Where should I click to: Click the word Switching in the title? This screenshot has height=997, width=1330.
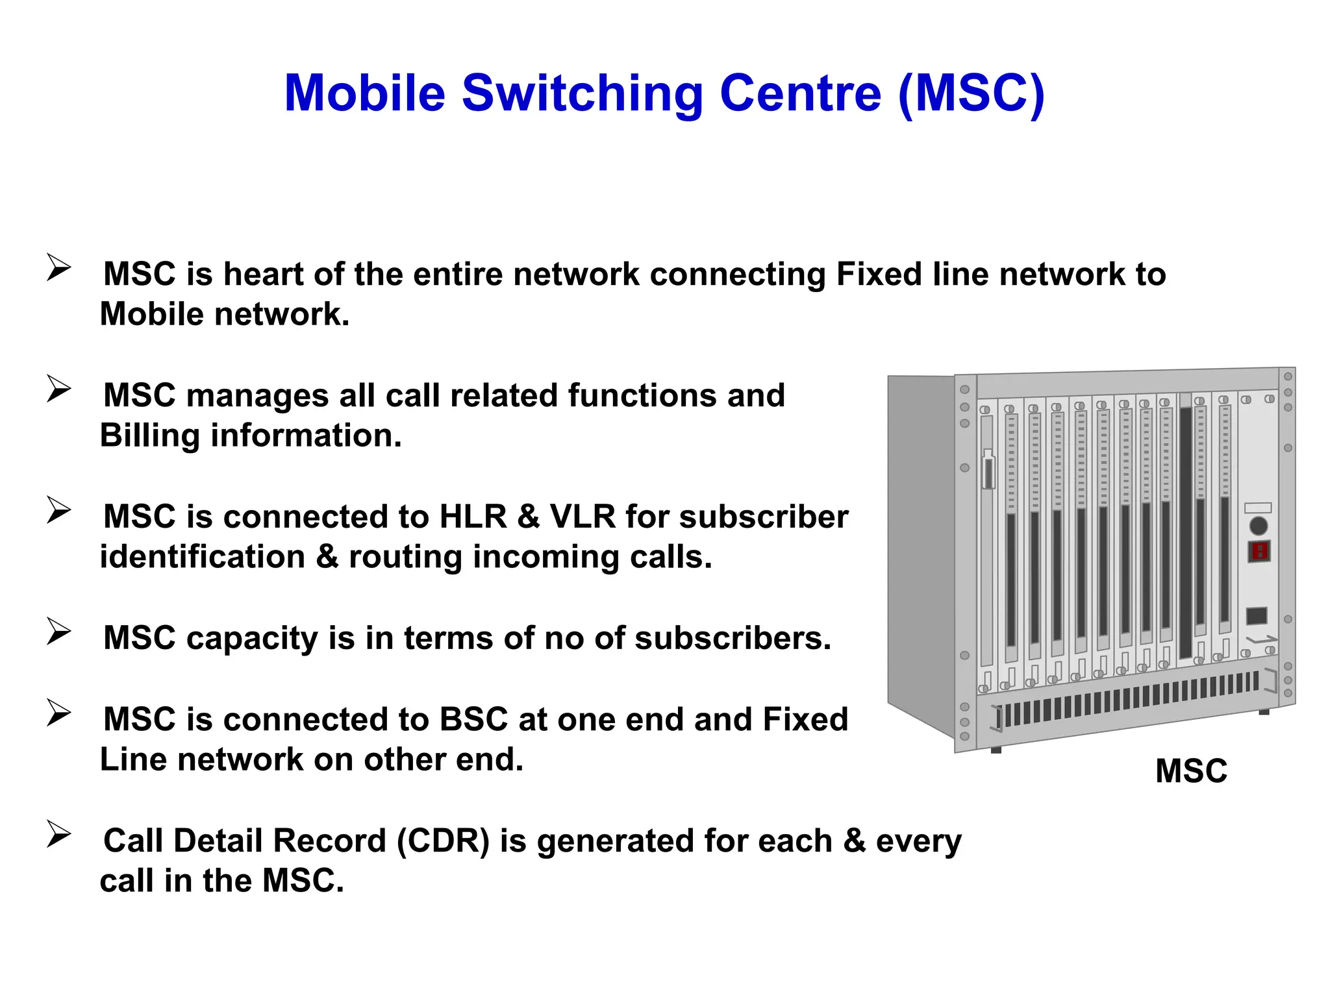pos(582,94)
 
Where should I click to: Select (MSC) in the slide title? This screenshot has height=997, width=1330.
pos(972,94)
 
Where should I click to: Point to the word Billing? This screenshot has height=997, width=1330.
pos(150,436)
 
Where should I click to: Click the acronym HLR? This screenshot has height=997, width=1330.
pos(473,517)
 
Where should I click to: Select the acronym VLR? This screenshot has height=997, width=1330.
pos(583,517)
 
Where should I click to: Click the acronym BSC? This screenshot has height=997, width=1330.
pos(473,720)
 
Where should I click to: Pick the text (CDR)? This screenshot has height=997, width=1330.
pos(443,841)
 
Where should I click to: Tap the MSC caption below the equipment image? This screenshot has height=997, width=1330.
pos(1191,772)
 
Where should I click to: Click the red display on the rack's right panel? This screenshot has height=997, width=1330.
pos(1259,552)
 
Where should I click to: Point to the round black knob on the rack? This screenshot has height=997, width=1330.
pos(1259,526)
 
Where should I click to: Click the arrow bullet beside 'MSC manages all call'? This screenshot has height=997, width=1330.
pos(58,389)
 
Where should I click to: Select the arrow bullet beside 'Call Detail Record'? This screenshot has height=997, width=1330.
pos(58,835)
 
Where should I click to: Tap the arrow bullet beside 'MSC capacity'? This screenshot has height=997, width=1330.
pos(58,632)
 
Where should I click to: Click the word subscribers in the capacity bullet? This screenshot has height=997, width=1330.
pos(733,639)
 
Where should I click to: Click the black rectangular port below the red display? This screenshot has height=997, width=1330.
pos(1257,615)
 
